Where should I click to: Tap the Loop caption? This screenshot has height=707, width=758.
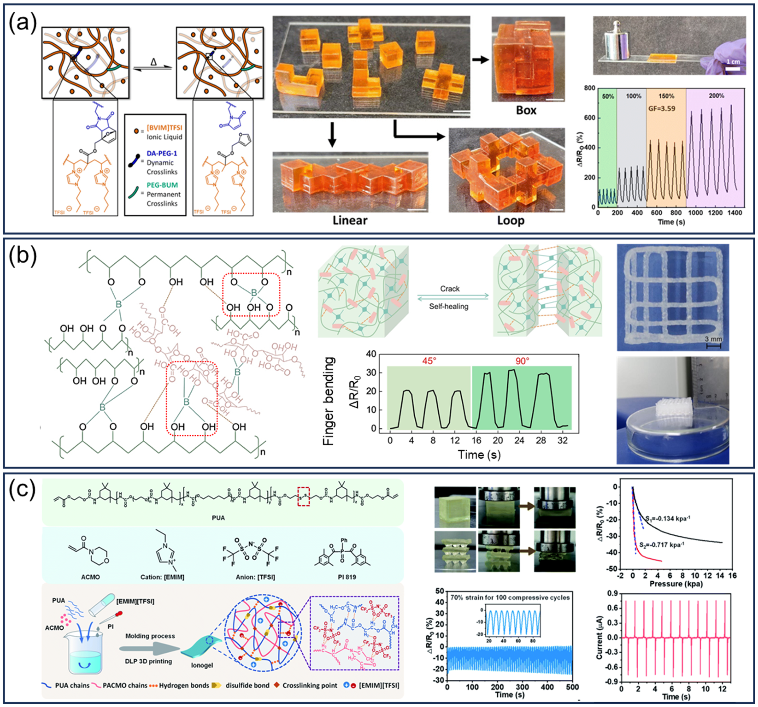[510, 220]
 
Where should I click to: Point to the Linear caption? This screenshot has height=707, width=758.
[350, 220]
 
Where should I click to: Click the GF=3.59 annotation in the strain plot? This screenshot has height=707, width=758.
[662, 108]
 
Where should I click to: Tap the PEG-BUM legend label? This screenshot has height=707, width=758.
[162, 185]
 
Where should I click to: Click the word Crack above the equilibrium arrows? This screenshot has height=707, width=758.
[450, 289]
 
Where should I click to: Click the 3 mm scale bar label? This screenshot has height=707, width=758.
[713, 339]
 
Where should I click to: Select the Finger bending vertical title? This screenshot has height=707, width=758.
[329, 401]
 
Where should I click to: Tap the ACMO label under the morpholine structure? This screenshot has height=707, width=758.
[90, 577]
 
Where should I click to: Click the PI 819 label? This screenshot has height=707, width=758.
[346, 577]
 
